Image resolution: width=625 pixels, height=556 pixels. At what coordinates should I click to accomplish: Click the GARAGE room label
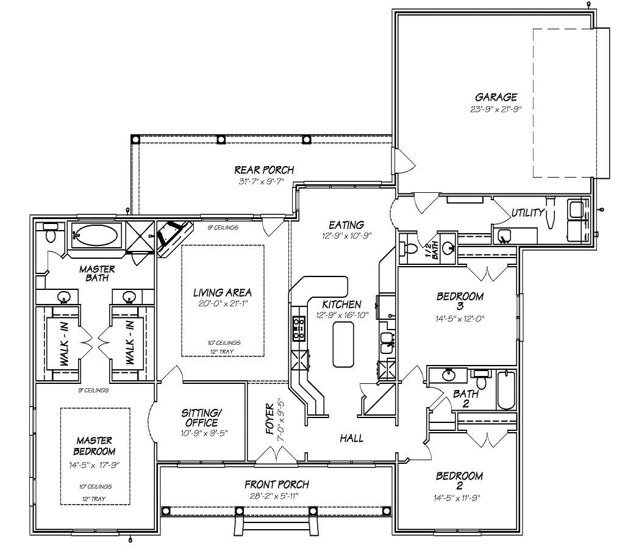[x=496, y=96]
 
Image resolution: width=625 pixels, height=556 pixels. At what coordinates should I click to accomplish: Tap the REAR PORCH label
[x=264, y=170]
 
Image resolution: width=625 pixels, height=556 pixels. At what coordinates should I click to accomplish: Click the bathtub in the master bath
[x=96, y=236]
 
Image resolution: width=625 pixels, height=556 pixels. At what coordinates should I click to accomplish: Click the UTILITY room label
[x=527, y=212]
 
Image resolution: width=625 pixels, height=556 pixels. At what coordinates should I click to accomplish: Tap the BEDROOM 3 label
[x=460, y=301]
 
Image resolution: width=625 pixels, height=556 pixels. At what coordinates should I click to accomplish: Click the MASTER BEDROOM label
[x=95, y=446]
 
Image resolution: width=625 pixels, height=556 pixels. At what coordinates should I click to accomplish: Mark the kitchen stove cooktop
[x=299, y=328]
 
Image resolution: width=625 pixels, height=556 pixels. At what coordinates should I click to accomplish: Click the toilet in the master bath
[x=51, y=234]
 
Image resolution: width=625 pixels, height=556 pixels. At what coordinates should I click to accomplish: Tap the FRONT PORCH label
[x=276, y=485]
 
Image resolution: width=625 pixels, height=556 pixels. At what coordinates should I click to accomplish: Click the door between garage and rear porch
[x=403, y=161]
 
